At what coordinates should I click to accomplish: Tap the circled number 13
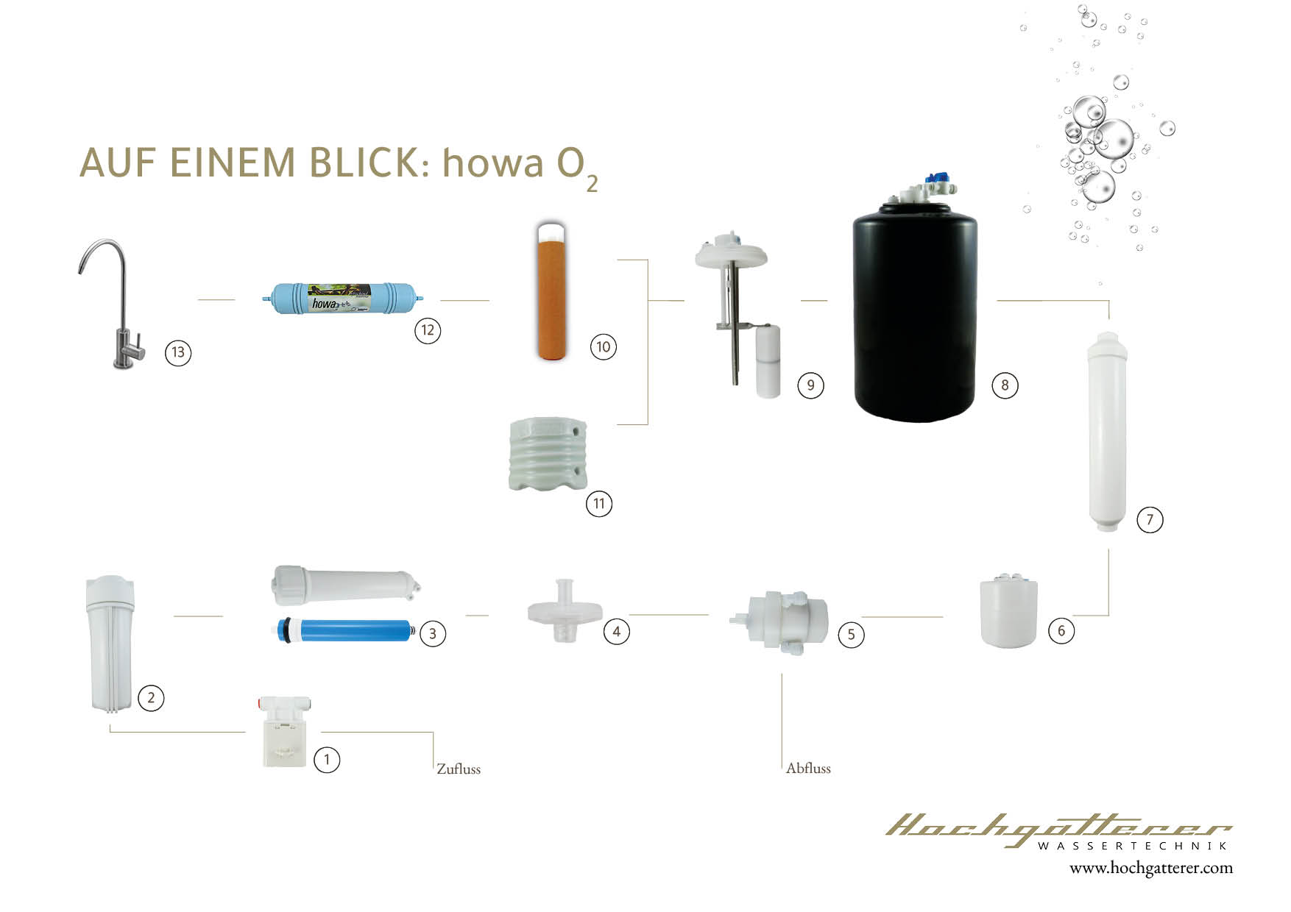pyautogui.click(x=177, y=352)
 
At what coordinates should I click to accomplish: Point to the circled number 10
pyautogui.click(x=603, y=346)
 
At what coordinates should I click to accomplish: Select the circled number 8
pyautogui.click(x=1005, y=385)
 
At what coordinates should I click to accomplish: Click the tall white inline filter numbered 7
pyautogui.click(x=1108, y=432)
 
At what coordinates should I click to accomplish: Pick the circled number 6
pyautogui.click(x=1061, y=630)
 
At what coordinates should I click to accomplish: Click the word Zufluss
pyautogui.click(x=459, y=769)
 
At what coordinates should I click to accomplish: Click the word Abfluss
pyautogui.click(x=808, y=769)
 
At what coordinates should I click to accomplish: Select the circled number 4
pyautogui.click(x=616, y=631)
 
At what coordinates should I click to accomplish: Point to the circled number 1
pyautogui.click(x=327, y=759)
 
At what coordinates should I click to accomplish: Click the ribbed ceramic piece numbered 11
pyautogui.click(x=548, y=454)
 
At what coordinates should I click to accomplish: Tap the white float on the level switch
pyautogui.click(x=768, y=362)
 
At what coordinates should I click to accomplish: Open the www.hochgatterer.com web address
pyautogui.click(x=1150, y=868)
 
